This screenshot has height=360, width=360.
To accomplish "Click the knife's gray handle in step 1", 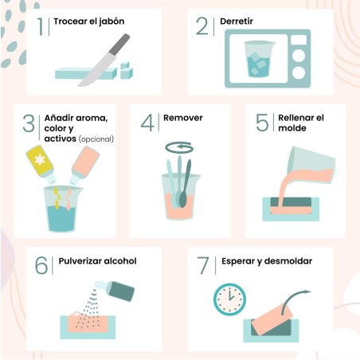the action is (119, 44).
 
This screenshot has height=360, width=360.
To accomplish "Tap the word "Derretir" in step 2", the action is (237, 22).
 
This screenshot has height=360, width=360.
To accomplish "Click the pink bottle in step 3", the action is (84, 164).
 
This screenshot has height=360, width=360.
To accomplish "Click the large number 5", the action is (262, 123).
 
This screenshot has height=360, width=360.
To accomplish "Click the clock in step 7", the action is (229, 299).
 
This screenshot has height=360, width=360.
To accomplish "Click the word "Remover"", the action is (183, 118).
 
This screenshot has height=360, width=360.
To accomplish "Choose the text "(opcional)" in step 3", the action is (96, 139).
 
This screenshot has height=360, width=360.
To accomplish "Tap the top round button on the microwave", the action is (299, 56).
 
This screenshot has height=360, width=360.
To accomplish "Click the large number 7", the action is (203, 265).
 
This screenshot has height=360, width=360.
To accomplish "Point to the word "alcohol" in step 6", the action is (120, 261).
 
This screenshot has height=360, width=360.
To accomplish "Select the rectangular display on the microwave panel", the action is (299, 40).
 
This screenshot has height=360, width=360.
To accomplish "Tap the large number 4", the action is (147, 123).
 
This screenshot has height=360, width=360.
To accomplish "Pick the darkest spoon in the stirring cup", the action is (185, 186).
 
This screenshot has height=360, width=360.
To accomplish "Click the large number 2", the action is (202, 26).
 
